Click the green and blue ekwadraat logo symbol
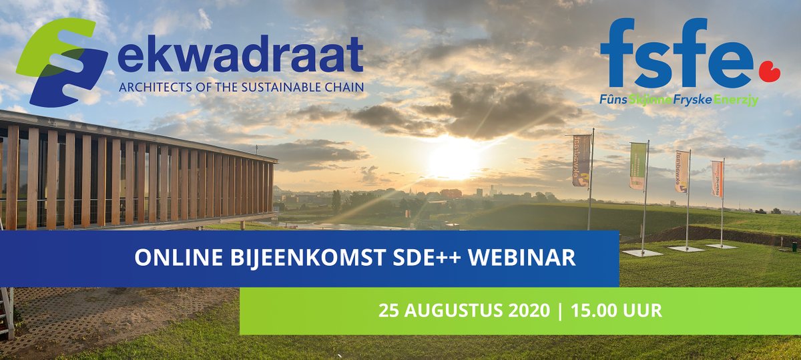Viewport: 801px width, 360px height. coord(61,61)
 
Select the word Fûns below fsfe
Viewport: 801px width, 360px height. coord(612,100)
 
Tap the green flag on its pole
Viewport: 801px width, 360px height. coord(638,166)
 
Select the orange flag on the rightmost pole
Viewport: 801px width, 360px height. coord(717,178)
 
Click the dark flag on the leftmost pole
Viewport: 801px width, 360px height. coord(581,160)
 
